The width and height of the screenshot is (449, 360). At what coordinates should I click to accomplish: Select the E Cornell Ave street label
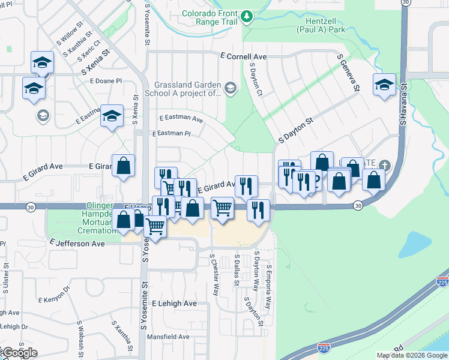pos(243,56)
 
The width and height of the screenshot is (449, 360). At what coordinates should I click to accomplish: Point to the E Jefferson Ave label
pos(77,244)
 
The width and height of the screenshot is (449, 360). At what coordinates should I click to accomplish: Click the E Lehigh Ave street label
pos(174,304)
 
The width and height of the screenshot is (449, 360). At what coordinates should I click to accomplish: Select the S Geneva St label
pos(348,71)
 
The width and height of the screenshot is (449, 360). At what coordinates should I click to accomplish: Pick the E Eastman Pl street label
pos(171,134)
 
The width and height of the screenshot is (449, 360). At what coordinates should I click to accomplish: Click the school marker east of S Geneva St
pos(384,85)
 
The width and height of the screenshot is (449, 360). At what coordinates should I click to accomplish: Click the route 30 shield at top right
pos(406,3)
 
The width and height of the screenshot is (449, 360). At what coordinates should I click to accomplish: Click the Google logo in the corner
pos(19,353)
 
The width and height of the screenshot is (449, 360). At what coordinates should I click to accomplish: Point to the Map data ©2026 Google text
pos(412,355)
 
